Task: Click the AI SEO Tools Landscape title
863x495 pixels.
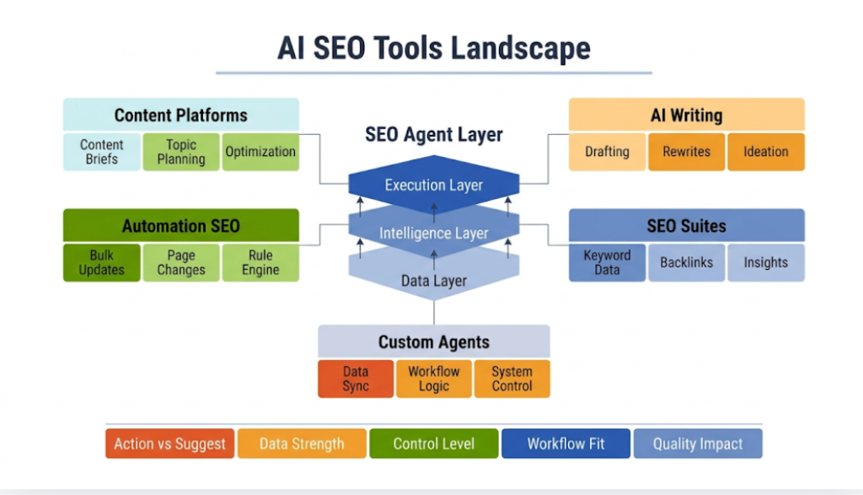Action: [x=434, y=48]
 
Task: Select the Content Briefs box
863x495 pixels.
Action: [x=102, y=152]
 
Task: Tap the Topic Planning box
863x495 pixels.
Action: [x=181, y=152]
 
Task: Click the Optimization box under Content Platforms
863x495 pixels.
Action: [x=260, y=152]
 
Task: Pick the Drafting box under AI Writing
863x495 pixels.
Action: [x=607, y=152]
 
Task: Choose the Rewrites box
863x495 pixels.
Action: [x=686, y=152]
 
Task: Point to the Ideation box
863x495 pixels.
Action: [x=765, y=152]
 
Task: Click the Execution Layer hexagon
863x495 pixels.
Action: [x=434, y=185]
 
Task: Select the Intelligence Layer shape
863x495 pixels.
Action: [x=434, y=233]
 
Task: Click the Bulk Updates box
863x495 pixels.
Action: [x=102, y=262]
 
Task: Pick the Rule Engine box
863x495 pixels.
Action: [x=260, y=262]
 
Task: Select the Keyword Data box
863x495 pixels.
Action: [x=607, y=262]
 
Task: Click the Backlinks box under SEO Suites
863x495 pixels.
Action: [x=686, y=262]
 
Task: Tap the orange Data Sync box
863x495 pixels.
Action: [x=356, y=379]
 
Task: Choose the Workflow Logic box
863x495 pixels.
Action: [x=434, y=379]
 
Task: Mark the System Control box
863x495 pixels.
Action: [x=512, y=379]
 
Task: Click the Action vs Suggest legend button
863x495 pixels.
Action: [x=169, y=444]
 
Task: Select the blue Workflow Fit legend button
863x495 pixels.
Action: [x=566, y=444]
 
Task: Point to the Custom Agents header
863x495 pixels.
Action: [x=434, y=342]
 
